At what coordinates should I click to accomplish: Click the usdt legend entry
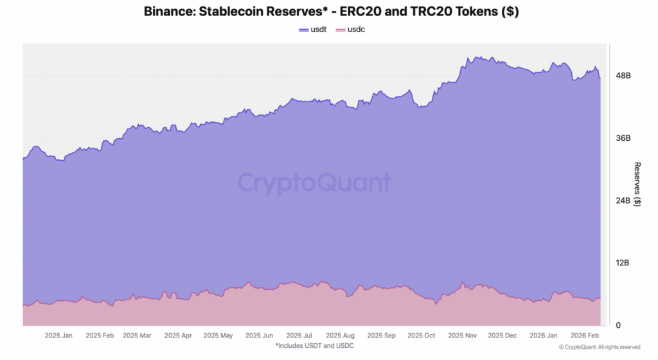point(314,30)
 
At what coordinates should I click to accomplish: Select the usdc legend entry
point(351,30)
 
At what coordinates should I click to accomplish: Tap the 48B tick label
point(623,76)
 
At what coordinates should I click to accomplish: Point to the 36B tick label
point(623,138)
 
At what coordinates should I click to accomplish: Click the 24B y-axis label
point(623,201)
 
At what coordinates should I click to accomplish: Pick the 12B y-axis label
point(623,263)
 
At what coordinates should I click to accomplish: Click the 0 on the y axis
point(618,325)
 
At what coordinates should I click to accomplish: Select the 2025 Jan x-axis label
point(59,336)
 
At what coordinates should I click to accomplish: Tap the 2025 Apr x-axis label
point(179,336)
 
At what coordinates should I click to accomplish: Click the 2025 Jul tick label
point(299,336)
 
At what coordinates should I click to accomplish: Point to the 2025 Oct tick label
point(422,336)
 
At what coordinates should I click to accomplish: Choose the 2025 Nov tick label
point(462,336)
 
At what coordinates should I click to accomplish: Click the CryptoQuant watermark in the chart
point(314,183)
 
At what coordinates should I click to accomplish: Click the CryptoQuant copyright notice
point(600,347)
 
